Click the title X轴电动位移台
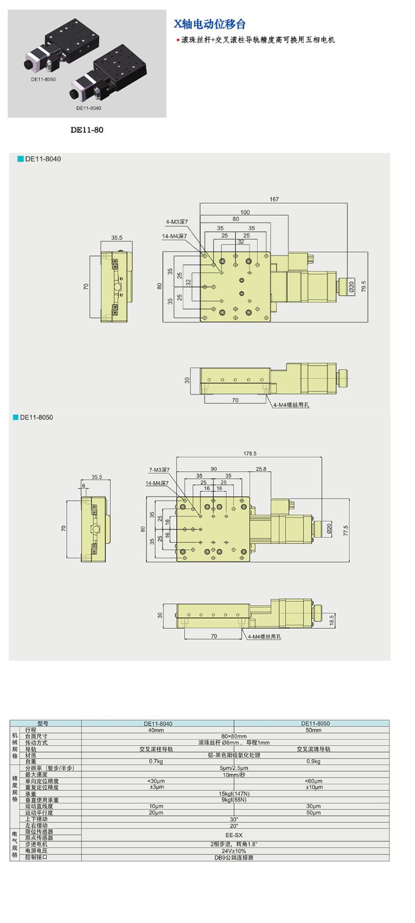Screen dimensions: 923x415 (x=210, y=24)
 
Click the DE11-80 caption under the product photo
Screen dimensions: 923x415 (x=87, y=130)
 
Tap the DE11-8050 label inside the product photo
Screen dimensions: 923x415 (x=43, y=79)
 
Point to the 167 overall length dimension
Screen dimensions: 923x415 (x=274, y=200)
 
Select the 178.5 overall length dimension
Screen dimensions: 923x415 (x=250, y=453)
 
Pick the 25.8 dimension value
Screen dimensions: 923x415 (x=261, y=469)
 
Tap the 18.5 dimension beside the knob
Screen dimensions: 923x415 (x=331, y=620)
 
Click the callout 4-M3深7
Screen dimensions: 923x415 (x=177, y=222)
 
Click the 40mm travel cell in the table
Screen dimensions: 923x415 (x=156, y=730)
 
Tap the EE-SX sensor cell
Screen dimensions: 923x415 (x=234, y=835)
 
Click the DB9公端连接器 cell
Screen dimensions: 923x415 (x=234, y=857)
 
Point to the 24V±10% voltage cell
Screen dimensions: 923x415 (x=234, y=851)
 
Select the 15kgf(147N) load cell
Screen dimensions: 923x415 (x=234, y=794)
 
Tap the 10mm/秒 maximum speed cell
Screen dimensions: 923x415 (x=234, y=775)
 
